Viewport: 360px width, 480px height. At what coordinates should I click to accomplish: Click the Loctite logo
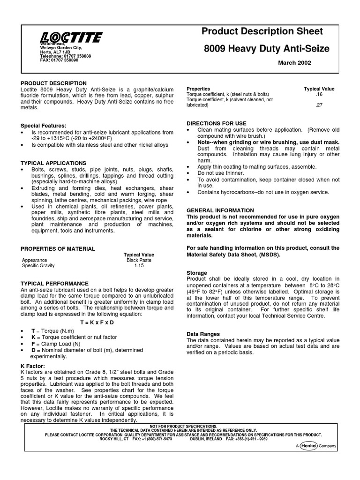point(71,37)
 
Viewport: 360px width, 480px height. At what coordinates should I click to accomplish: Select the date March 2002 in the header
point(294,63)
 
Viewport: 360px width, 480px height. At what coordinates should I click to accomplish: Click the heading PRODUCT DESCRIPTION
point(53,83)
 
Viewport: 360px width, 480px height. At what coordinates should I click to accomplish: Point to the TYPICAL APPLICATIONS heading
point(50,163)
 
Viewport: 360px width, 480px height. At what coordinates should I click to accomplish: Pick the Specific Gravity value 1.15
point(139,266)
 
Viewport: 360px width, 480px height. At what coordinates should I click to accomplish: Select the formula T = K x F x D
point(97,322)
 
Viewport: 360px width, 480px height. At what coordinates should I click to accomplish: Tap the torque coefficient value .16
point(319,94)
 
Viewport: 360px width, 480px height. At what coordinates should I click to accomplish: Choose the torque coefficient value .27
point(319,105)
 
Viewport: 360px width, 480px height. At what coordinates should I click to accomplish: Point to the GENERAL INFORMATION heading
point(220,210)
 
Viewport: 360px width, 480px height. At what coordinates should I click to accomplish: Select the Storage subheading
point(197,273)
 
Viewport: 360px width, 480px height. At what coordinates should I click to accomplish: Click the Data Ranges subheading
point(203,334)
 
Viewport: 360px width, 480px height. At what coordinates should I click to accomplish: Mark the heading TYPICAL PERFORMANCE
point(54,284)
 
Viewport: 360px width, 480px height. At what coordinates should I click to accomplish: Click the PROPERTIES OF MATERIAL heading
point(58,249)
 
